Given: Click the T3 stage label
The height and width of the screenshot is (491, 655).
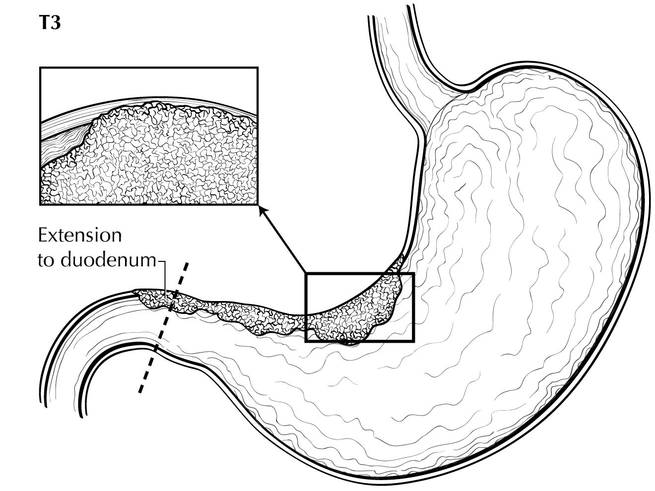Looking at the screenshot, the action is point(50,23).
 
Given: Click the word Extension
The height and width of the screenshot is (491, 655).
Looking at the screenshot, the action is point(80,236).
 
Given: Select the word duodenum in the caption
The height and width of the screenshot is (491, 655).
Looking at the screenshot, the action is point(109,260).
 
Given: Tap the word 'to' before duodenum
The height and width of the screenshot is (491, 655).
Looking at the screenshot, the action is point(47,260).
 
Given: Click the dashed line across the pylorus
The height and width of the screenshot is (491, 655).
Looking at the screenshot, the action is point(163,327).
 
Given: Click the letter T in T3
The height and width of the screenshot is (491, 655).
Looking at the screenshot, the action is point(45,23).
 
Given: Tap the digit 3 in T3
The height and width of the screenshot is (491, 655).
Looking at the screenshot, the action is point(56,23).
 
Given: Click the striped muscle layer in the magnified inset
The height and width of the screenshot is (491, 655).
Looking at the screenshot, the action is point(64,140).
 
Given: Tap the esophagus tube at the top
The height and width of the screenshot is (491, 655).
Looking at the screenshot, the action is point(397,60).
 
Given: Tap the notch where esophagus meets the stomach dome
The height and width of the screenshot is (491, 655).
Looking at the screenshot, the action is point(466,89).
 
